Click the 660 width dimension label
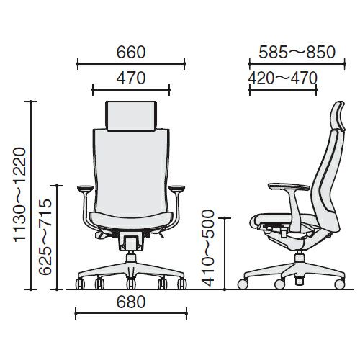[131, 53]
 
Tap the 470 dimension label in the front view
[131, 78]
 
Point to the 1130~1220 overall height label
[19, 194]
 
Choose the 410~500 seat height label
[207, 248]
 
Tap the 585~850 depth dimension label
[297, 53]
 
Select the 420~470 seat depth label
[283, 78]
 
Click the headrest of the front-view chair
[131, 116]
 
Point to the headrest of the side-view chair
[338, 116]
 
